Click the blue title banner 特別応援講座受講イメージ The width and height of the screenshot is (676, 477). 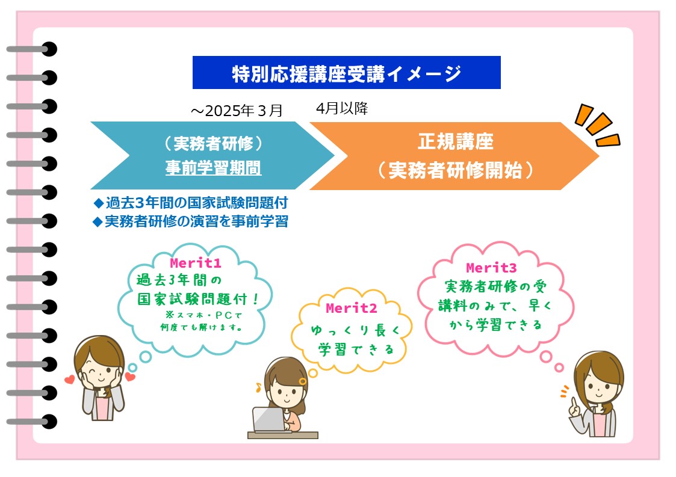click(x=346, y=72)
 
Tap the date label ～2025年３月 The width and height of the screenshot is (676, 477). click(x=236, y=111)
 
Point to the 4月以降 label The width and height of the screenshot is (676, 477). click(x=342, y=108)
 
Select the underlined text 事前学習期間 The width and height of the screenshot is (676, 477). click(x=214, y=168)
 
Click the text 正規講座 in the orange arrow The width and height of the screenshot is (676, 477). click(x=455, y=141)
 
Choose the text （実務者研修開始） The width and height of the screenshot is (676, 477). click(x=455, y=170)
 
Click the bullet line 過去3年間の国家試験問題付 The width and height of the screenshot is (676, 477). click(x=191, y=203)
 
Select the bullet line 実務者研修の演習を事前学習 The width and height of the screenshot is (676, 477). click(x=191, y=221)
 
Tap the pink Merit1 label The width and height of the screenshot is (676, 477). click(x=195, y=263)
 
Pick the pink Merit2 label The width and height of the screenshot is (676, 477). click(x=352, y=308)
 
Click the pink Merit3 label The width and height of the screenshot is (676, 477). click(x=491, y=268)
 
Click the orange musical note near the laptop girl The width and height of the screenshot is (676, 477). click(x=258, y=387)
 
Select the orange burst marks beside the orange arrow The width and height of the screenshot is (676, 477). click(x=597, y=125)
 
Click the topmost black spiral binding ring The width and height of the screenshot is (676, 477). click(x=49, y=49)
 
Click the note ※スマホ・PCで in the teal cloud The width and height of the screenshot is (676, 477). click(x=203, y=315)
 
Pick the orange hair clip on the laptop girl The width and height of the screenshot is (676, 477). click(x=303, y=381)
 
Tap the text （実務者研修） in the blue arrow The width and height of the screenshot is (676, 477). click(x=214, y=144)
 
